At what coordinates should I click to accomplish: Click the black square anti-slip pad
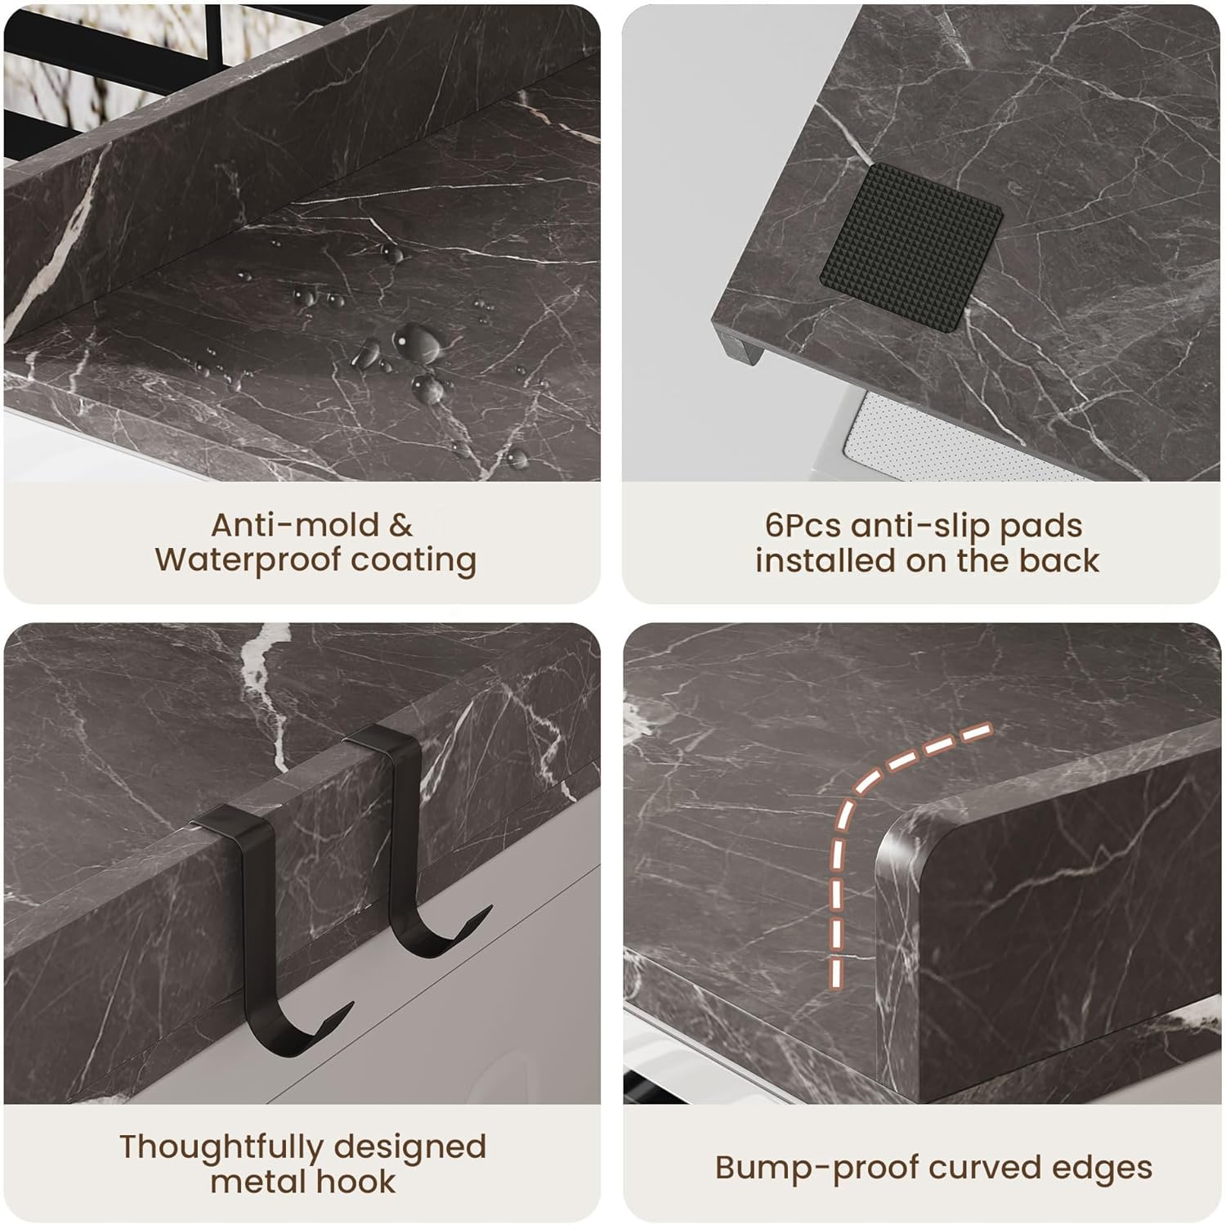[911, 236]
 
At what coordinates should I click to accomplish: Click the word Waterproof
[248, 561]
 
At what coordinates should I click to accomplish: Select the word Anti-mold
[295, 525]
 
